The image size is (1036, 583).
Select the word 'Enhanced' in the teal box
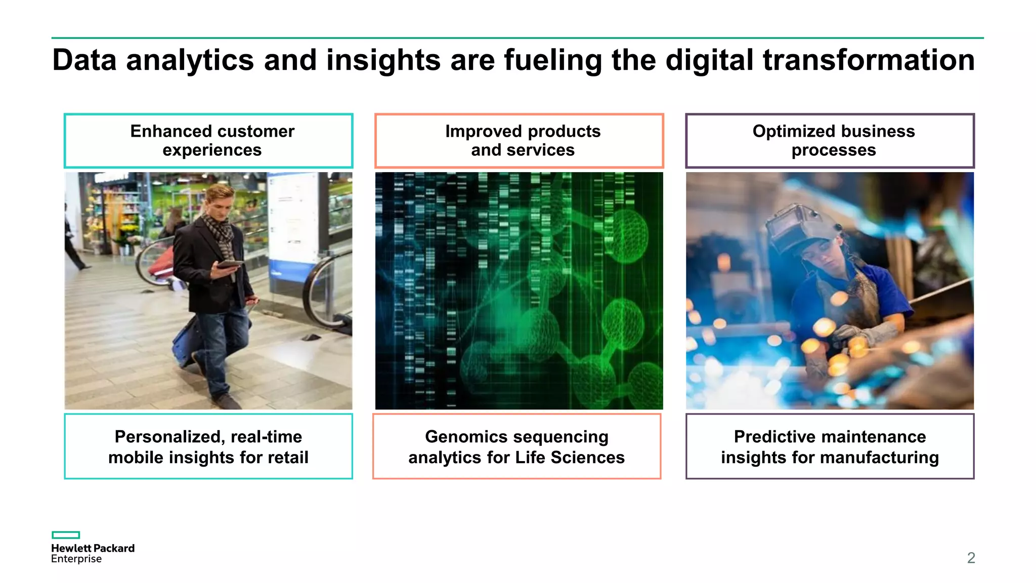click(163, 131)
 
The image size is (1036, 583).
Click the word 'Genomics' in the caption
click(466, 436)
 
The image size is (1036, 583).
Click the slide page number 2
click(971, 558)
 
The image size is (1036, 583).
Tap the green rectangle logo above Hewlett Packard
click(66, 535)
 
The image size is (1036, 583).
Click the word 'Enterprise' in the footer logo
click(76, 559)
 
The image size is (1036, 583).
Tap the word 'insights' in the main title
click(383, 60)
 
